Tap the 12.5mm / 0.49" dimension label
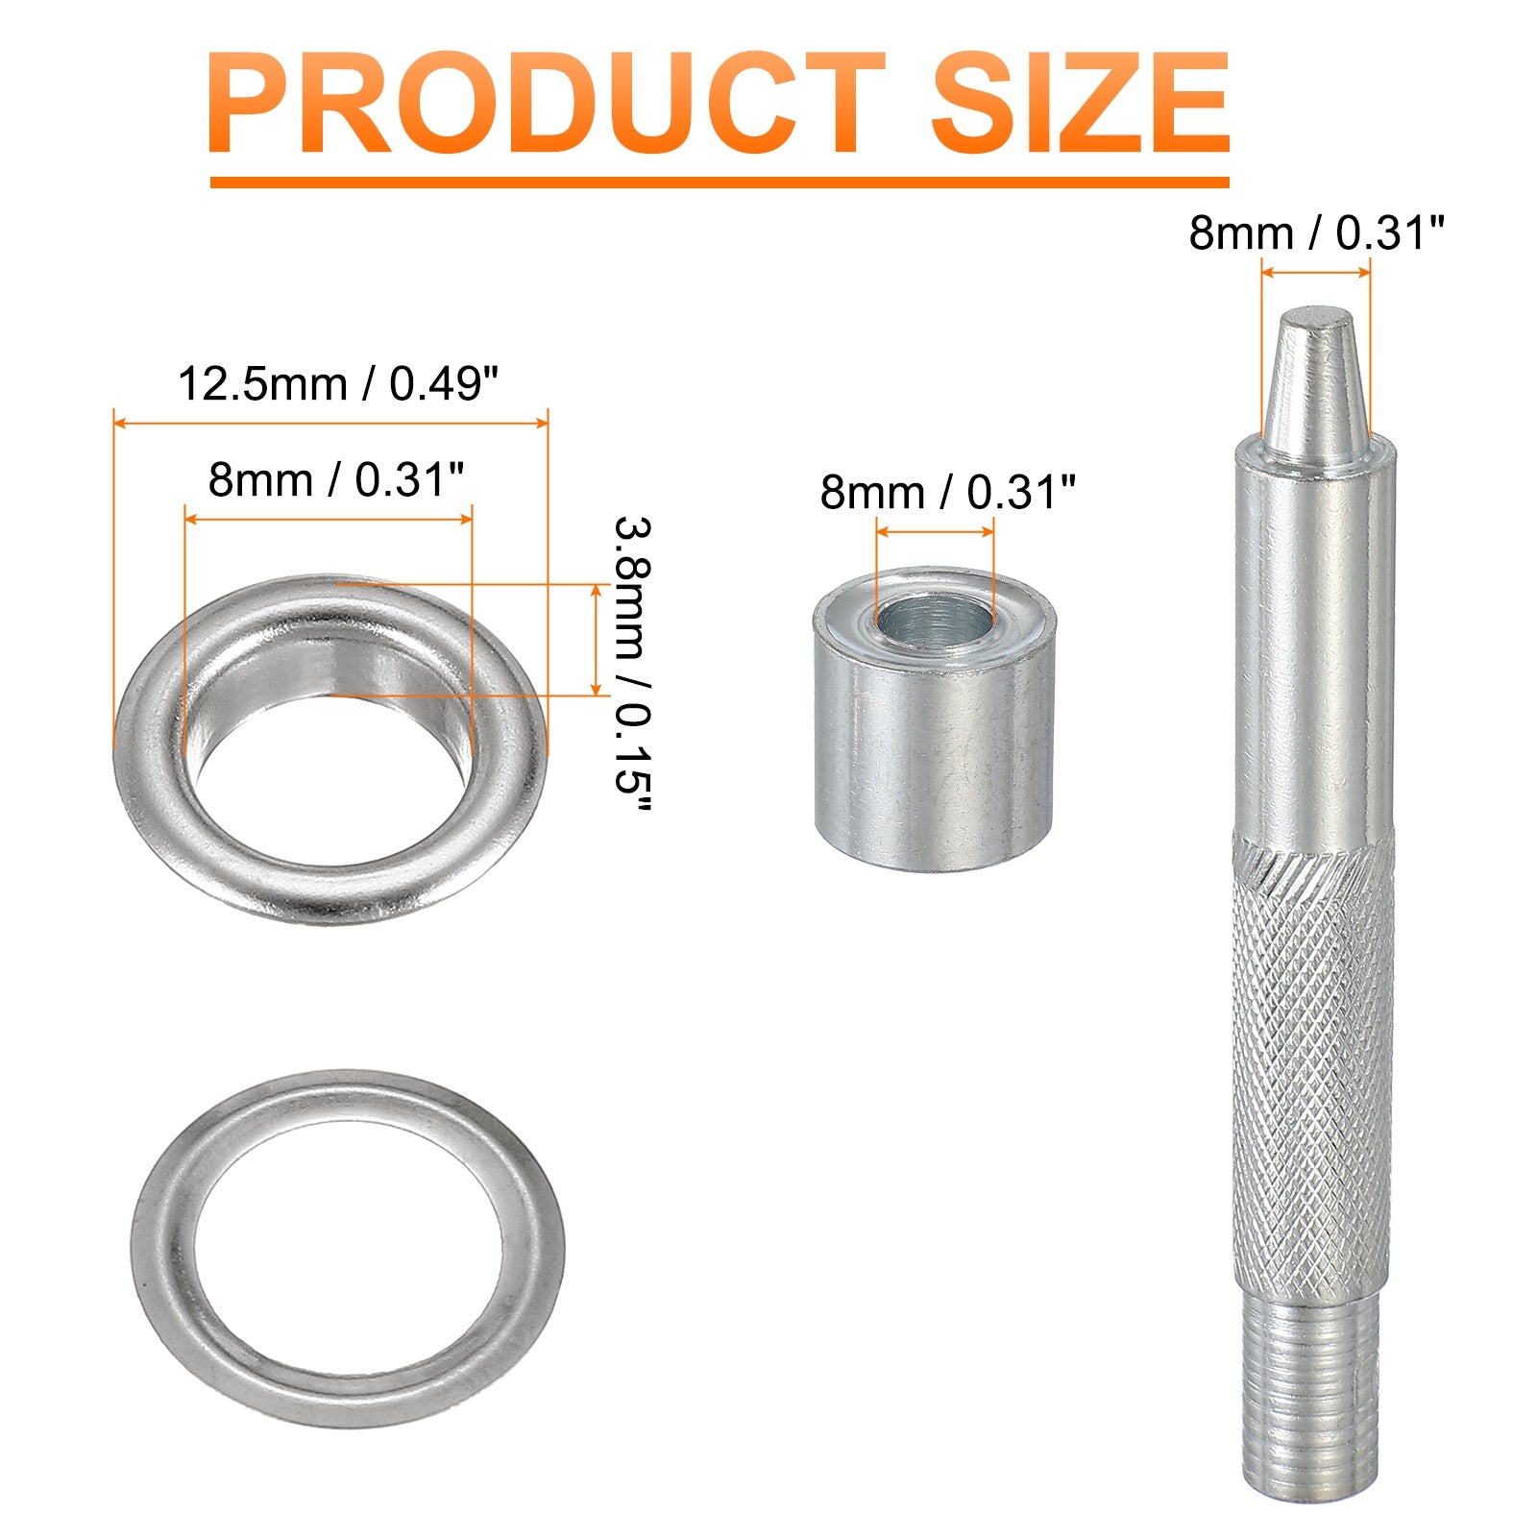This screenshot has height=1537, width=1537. tap(339, 384)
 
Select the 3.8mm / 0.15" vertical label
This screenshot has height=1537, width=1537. tap(633, 665)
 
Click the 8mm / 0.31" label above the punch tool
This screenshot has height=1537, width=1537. tap(1316, 233)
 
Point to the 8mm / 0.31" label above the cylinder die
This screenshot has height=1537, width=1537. tap(947, 492)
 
